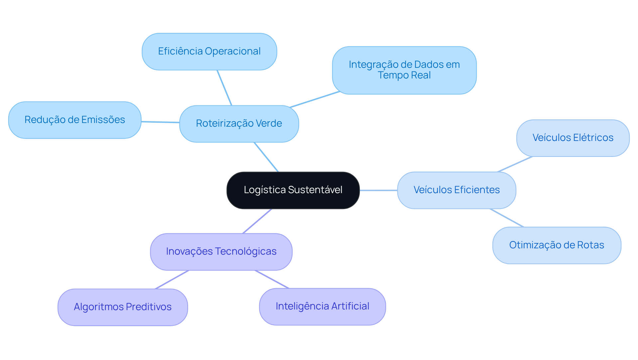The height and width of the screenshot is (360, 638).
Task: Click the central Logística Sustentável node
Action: pos(293,190)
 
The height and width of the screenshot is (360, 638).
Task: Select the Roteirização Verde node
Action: pos(239,124)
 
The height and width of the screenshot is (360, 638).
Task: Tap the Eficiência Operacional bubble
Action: pos(209,52)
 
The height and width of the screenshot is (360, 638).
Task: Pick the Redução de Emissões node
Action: pos(75,120)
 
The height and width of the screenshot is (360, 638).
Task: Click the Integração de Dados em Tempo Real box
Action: pos(404,70)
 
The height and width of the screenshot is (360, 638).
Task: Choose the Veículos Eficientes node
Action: pos(456,190)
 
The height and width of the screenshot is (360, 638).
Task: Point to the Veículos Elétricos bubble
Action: pos(573,138)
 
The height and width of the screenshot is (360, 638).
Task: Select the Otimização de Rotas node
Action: pos(557,245)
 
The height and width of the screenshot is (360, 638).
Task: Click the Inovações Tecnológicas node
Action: pos(221,252)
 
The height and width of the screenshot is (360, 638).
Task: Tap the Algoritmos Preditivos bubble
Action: pos(123,307)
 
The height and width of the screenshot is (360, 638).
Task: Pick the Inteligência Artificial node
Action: pos(322,306)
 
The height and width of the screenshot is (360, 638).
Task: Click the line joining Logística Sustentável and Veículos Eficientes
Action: pos(378,190)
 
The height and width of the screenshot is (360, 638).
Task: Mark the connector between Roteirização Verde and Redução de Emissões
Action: pos(160,122)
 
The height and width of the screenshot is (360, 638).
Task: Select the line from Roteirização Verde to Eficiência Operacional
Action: pos(224,88)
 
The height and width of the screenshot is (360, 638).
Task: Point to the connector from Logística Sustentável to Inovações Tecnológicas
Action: pos(257,221)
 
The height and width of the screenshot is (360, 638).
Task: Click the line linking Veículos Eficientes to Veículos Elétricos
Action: pos(515,164)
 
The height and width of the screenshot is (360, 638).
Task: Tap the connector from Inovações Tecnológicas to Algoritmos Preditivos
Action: pos(172,280)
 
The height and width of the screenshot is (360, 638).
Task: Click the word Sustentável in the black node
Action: pos(315,190)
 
